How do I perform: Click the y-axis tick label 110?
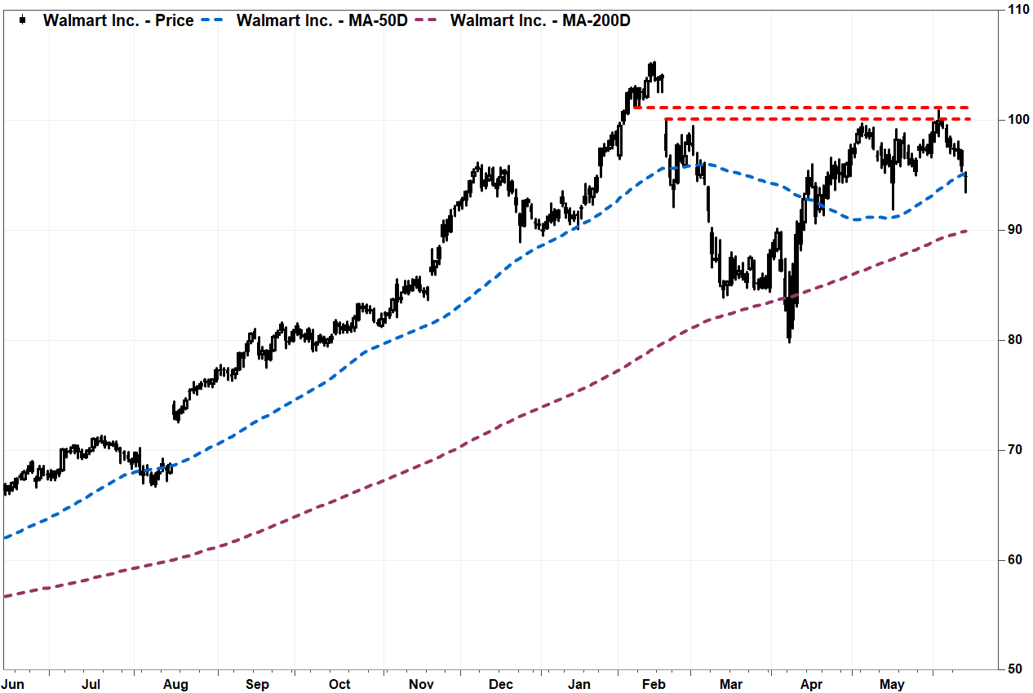[x=1018, y=10]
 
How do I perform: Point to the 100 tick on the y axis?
[x=1018, y=120]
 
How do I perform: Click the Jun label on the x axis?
[x=12, y=685]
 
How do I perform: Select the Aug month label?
[x=175, y=685]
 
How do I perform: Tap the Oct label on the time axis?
[x=339, y=685]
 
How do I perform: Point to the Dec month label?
[x=501, y=685]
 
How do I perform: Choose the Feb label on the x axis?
[x=654, y=685]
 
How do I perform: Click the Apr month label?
[x=811, y=685]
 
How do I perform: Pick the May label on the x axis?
[x=892, y=685]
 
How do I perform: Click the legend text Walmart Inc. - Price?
[x=118, y=20]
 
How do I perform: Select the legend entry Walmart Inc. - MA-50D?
[x=322, y=20]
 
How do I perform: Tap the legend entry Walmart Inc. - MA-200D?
[x=540, y=20]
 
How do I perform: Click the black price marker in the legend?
[x=22, y=20]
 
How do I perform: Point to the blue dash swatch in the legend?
[x=213, y=20]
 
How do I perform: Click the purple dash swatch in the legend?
[x=426, y=20]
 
